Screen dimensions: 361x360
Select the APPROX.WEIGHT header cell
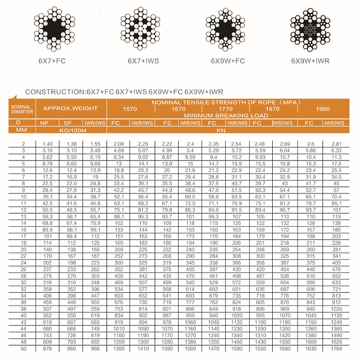(x=73, y=108)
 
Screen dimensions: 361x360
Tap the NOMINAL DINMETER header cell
(x=22, y=109)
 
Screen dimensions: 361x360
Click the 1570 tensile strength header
(x=130, y=109)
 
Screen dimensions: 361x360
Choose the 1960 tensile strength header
(x=323, y=109)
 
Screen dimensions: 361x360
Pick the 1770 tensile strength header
(x=225, y=109)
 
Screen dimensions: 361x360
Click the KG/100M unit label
(x=73, y=130)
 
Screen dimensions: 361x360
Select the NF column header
(x=44, y=123)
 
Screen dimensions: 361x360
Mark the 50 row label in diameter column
(x=23, y=349)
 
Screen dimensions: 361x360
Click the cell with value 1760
(x=336, y=349)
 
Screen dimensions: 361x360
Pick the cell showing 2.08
(x=119, y=144)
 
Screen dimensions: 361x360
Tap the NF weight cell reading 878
(x=47, y=349)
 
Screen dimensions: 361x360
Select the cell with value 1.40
(x=47, y=144)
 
